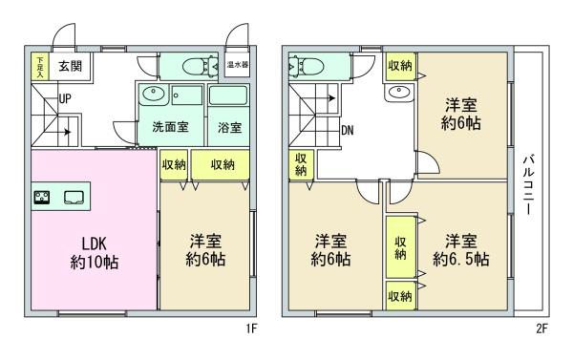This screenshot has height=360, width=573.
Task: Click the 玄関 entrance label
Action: pos(70,66)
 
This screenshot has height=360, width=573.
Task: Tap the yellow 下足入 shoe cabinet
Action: pos(39,66)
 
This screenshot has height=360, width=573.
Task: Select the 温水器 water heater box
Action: pos(238,65)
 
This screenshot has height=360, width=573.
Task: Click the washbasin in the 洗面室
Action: pos(154,94)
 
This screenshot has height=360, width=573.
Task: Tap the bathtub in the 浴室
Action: pos(228,95)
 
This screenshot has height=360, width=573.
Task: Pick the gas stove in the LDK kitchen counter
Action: pos(42,198)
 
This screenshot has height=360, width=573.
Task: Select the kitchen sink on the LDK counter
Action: pos(74,198)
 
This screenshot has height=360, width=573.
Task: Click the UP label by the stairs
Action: pos(65,98)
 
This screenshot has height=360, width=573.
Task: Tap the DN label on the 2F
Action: pos(348,131)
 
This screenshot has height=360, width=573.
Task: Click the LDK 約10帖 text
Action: pos(95,253)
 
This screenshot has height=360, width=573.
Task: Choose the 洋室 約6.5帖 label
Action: pos(461,250)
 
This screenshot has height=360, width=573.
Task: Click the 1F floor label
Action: pos(251,328)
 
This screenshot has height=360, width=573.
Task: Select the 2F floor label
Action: pos(541,328)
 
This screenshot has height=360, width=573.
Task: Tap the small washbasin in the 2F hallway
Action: pos(399,92)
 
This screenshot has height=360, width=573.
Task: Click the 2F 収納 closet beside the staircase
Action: pos(301,165)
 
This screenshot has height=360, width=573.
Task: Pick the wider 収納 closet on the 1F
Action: pos(221,165)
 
